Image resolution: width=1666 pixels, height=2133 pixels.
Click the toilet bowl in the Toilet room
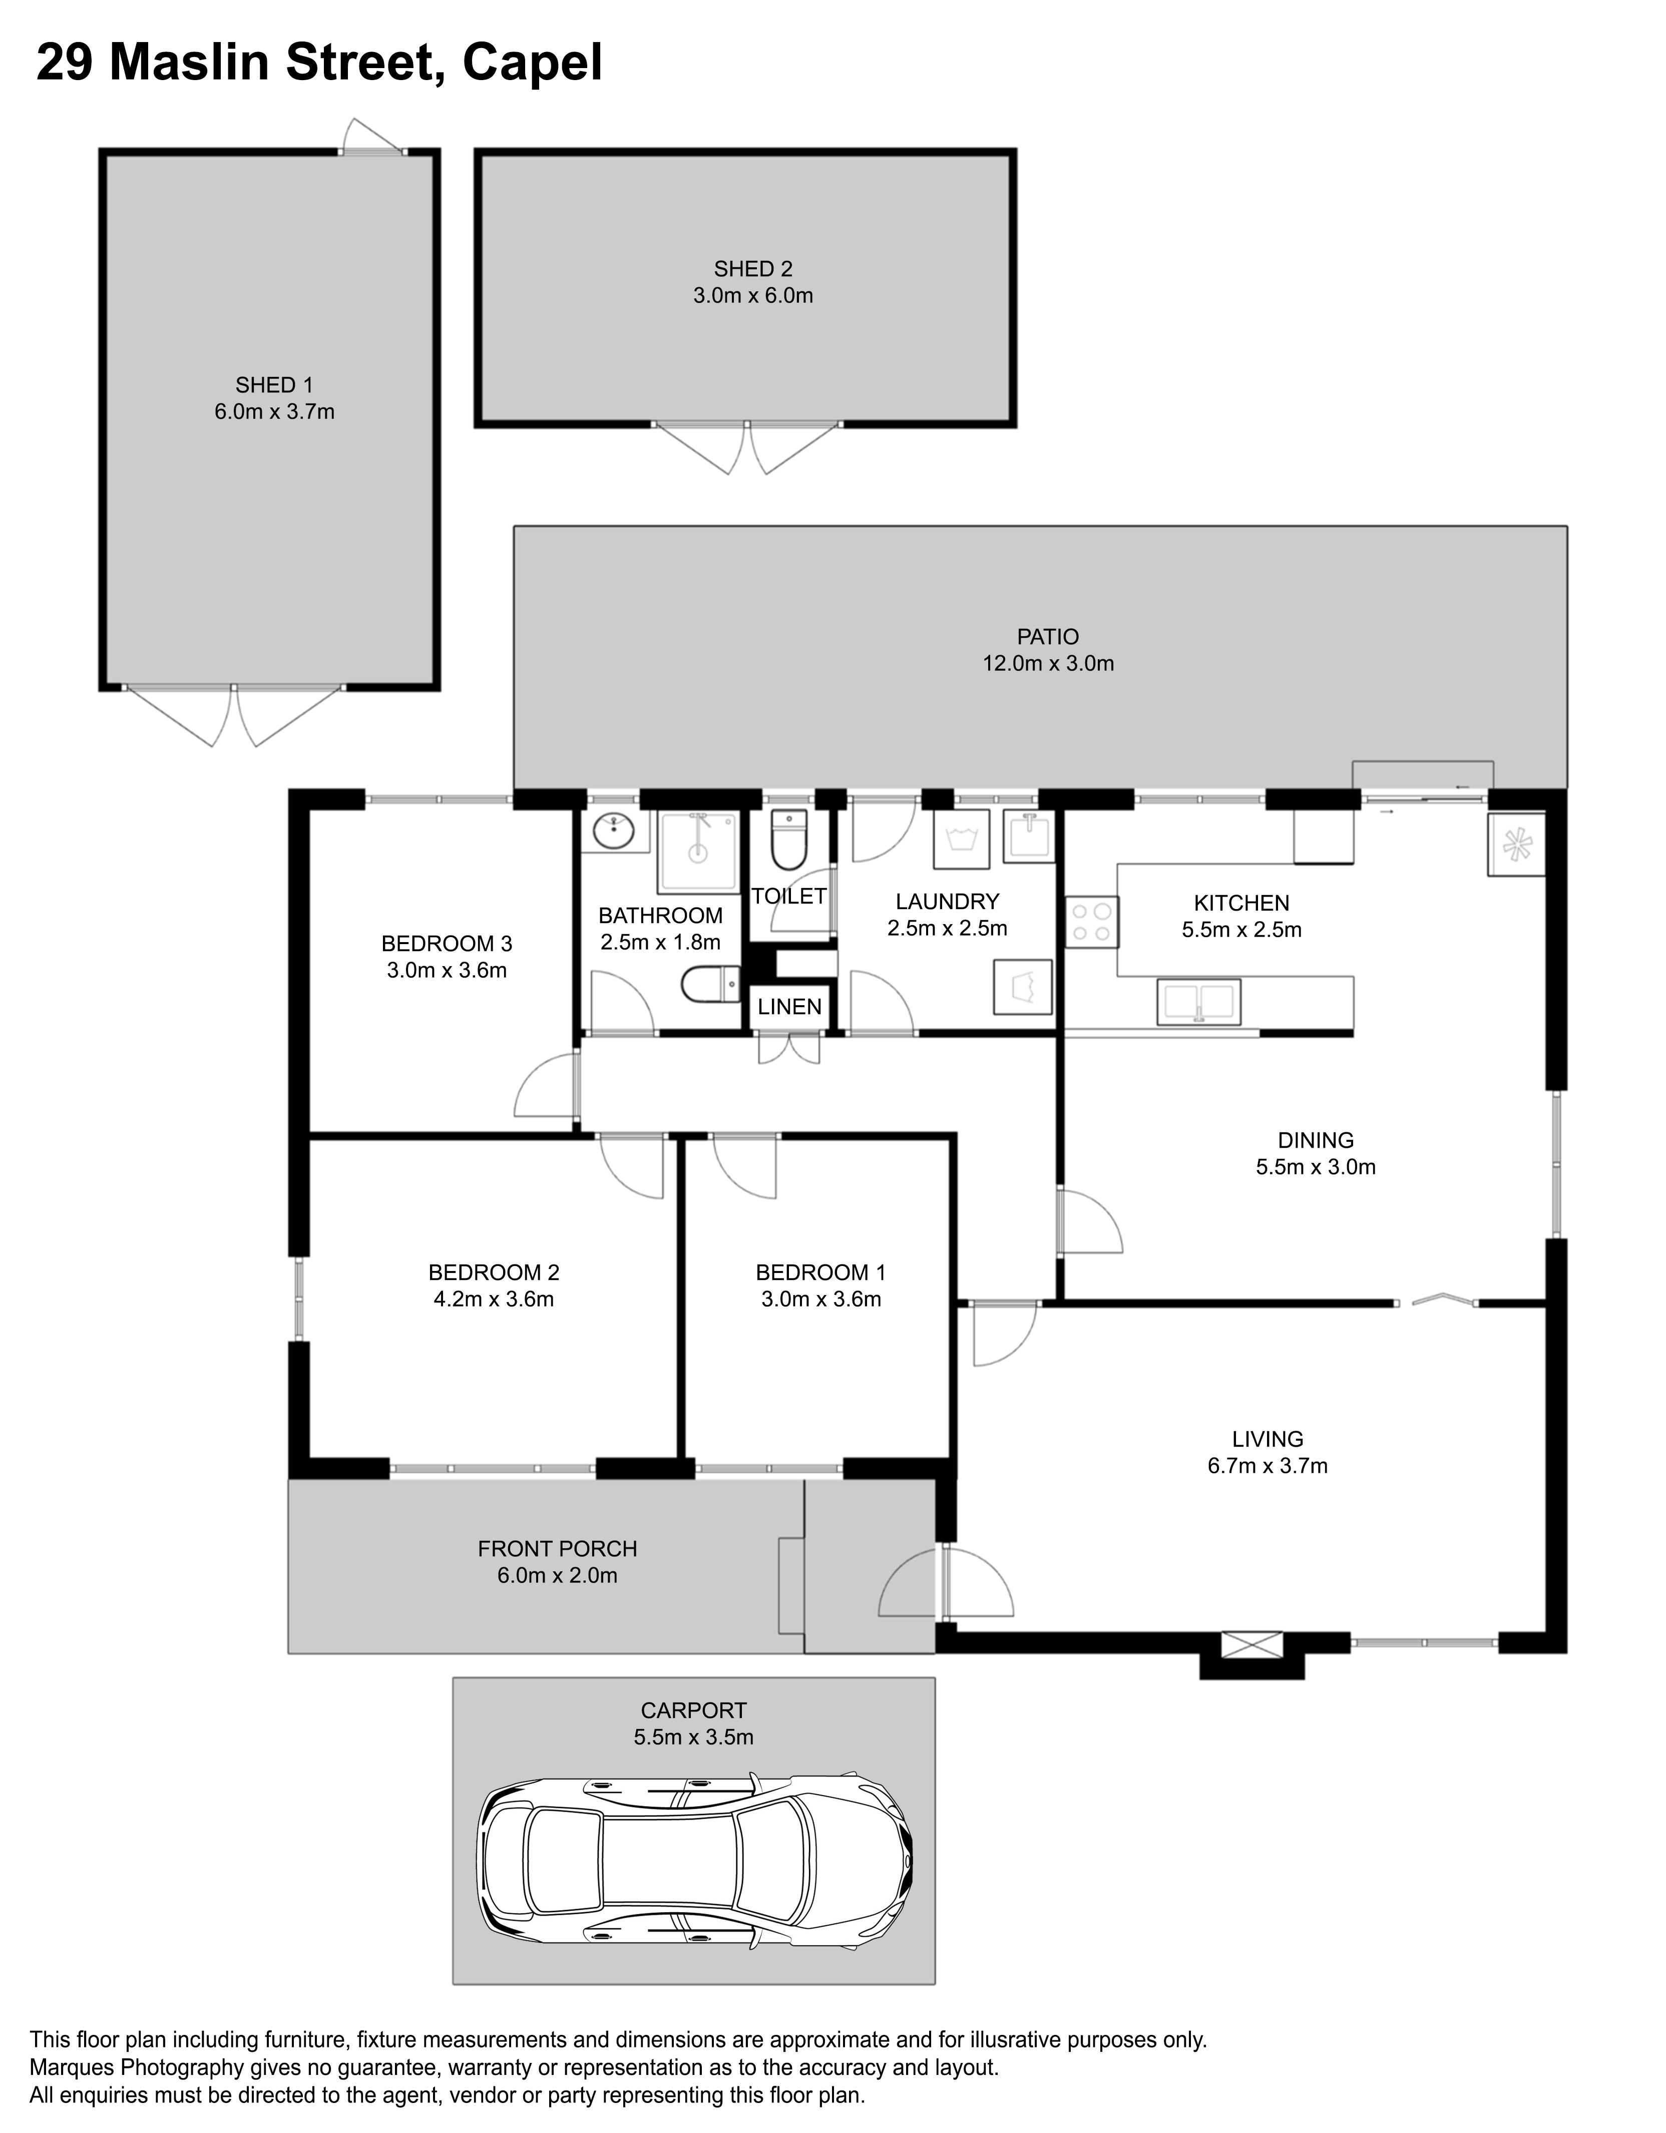787,840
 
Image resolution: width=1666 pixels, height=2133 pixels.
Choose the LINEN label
789,1006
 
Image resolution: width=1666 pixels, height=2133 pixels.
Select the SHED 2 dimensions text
753,295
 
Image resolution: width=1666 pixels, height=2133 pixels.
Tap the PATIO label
1048,637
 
